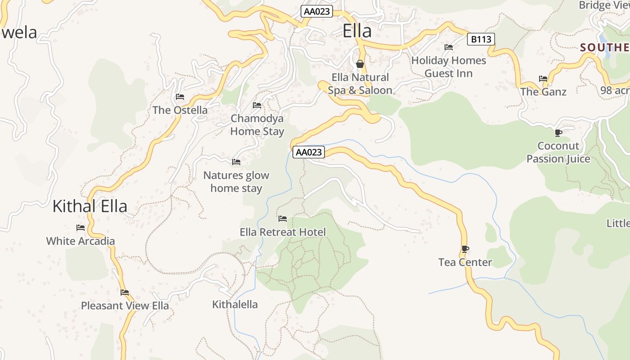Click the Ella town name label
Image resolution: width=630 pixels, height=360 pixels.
tap(357, 31)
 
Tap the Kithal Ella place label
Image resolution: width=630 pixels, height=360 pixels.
tap(90, 206)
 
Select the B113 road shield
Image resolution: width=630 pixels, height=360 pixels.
tap(481, 40)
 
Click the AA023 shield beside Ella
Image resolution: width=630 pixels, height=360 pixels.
tap(317, 12)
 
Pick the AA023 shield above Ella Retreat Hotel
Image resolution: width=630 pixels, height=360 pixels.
tap(309, 152)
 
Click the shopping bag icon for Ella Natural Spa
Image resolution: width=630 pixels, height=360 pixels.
tap(360, 64)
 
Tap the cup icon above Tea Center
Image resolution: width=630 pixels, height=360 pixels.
tap(465, 249)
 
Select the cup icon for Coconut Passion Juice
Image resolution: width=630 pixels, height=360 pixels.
tap(558, 133)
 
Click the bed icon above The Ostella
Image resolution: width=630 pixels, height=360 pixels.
tap(180, 97)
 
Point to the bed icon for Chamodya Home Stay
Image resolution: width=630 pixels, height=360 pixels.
tap(257, 105)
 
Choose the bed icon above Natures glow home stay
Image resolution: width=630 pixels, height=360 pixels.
tap(236, 162)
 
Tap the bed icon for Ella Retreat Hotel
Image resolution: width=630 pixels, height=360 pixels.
tap(283, 219)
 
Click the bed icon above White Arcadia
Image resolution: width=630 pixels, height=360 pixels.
tap(81, 228)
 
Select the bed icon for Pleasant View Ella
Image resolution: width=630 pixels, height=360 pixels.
tap(125, 292)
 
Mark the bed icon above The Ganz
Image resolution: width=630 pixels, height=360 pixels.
tap(543, 79)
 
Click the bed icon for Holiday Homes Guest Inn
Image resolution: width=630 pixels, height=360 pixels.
tap(449, 47)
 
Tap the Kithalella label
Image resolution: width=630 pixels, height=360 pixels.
tap(235, 304)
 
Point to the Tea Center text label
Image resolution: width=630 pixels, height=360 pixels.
tap(465, 262)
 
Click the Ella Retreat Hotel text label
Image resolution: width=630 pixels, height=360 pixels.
tap(283, 232)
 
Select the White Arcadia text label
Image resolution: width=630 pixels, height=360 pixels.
tap(81, 241)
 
